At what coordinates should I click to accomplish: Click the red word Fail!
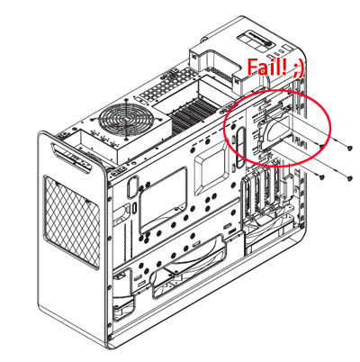click(x=266, y=67)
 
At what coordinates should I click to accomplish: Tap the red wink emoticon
click(x=298, y=69)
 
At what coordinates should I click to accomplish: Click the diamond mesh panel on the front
click(x=72, y=222)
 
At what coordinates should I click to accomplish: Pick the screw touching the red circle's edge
click(x=320, y=146)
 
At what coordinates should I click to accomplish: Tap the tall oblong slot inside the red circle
click(x=239, y=148)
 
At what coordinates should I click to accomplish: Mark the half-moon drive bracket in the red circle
click(x=272, y=130)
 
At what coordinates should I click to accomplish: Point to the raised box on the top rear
click(x=216, y=65)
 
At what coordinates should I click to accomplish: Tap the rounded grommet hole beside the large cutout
click(x=132, y=187)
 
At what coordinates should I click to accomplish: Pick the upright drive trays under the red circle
click(x=260, y=195)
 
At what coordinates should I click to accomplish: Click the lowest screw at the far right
click(x=350, y=178)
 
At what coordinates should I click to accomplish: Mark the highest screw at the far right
click(x=350, y=148)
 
